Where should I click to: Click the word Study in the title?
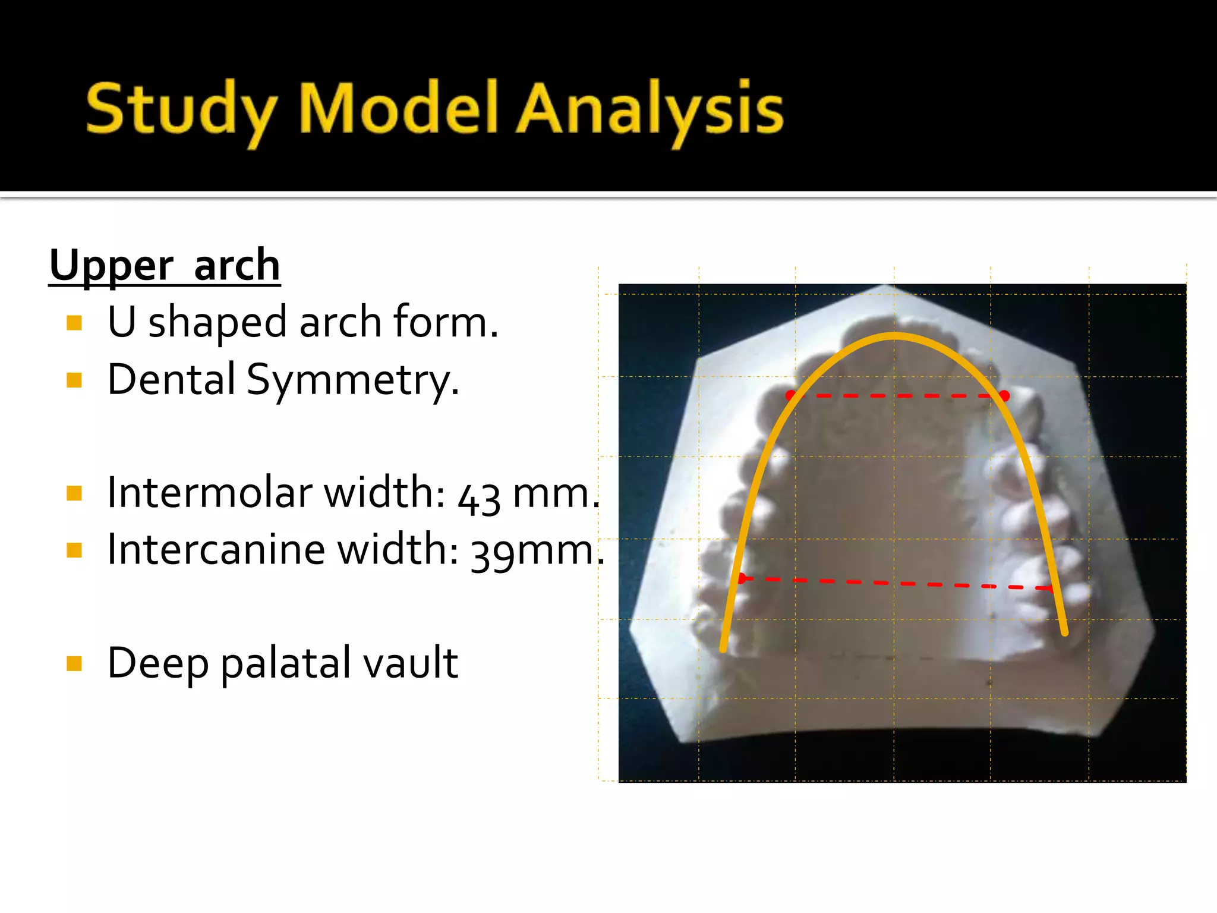(181, 110)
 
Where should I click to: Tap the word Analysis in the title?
(650, 110)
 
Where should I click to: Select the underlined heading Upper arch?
(165, 265)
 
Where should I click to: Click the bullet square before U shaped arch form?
(74, 323)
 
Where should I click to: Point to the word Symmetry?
(353, 380)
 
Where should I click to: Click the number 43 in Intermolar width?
(478, 498)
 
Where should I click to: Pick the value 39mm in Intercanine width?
(532, 551)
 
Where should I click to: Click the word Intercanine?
(216, 549)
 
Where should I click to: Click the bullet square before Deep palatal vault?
(74, 663)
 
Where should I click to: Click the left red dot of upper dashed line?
(790, 395)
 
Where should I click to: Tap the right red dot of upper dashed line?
(1004, 395)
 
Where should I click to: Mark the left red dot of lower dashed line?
(741, 578)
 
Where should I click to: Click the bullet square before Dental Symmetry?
(74, 380)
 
